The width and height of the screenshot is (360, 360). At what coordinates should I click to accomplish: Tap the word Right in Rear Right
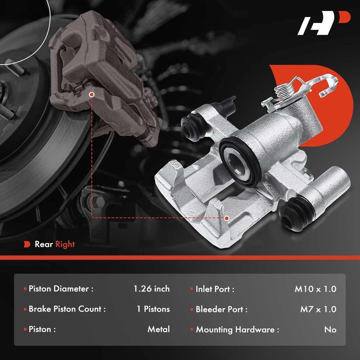pyautogui.click(x=65, y=244)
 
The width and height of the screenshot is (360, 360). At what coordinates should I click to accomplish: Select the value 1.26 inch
pyautogui.click(x=152, y=289)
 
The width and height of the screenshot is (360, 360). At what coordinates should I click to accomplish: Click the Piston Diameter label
pyautogui.click(x=61, y=289)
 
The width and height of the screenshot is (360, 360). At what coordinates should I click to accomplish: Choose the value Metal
pyautogui.click(x=159, y=329)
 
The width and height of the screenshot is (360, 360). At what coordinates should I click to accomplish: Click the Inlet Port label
pyautogui.click(x=215, y=289)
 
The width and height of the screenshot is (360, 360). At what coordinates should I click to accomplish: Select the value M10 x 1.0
pyautogui.click(x=315, y=289)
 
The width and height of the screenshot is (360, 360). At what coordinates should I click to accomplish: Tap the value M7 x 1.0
pyautogui.click(x=318, y=309)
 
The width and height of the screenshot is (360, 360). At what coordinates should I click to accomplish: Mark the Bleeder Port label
pyautogui.click(x=221, y=309)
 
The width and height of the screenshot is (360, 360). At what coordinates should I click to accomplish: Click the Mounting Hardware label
pyautogui.click(x=237, y=329)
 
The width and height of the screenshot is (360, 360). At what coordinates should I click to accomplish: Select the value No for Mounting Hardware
pyautogui.click(x=330, y=329)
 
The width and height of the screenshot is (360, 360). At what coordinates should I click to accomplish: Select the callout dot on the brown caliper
pyautogui.click(x=91, y=95)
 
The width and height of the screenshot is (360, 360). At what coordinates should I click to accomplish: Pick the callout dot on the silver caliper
pyautogui.click(x=226, y=218)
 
